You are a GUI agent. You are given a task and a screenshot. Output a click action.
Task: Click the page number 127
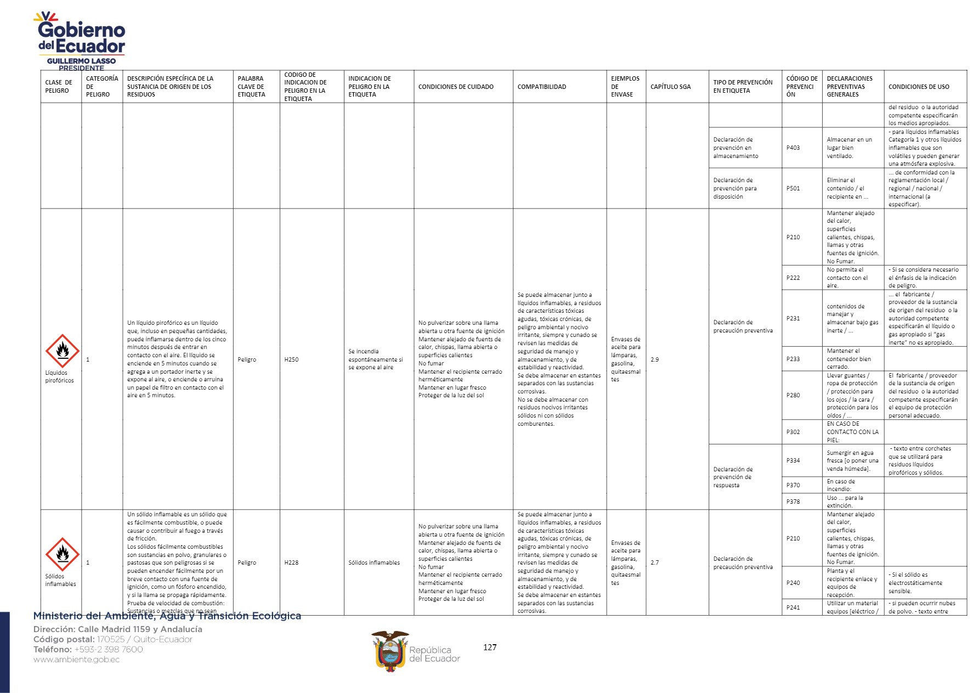[490, 647]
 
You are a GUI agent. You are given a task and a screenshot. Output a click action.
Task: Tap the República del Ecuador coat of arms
[390, 651]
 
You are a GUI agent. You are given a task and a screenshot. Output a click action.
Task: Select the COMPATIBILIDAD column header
[541, 87]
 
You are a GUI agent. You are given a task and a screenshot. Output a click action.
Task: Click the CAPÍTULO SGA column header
[670, 87]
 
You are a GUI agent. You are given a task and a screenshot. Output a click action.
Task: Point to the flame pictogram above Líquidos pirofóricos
[62, 351]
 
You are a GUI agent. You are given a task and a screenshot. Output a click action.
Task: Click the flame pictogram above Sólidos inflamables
[62, 554]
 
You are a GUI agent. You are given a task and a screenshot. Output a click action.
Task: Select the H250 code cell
[291, 359]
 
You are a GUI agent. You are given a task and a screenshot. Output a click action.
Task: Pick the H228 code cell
[291, 562]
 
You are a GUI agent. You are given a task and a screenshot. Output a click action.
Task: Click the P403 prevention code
[793, 148]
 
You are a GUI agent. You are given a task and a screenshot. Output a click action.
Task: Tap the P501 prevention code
[793, 188]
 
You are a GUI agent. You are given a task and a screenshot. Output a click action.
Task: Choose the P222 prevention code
[793, 278]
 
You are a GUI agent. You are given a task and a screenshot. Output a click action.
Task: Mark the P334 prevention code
[793, 460]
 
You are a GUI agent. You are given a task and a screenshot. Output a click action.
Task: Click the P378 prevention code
[793, 502]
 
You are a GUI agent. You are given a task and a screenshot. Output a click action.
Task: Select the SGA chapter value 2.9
[654, 359]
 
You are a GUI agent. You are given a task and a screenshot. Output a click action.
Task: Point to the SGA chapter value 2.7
[654, 562]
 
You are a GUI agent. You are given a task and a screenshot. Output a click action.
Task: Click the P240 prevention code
[793, 583]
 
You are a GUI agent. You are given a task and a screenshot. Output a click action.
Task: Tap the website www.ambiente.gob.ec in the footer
[76, 660]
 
